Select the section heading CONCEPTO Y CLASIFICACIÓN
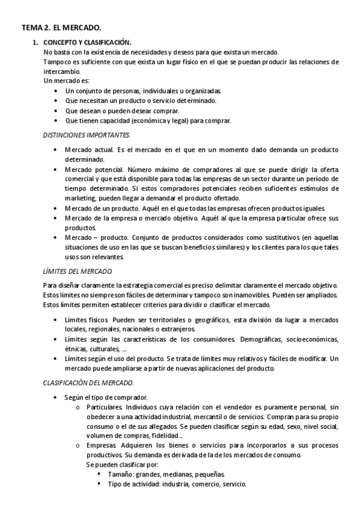[x=87, y=43]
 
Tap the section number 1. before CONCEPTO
[x=35, y=43]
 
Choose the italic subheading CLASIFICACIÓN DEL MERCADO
[x=88, y=382]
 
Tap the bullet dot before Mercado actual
[x=56, y=149]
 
